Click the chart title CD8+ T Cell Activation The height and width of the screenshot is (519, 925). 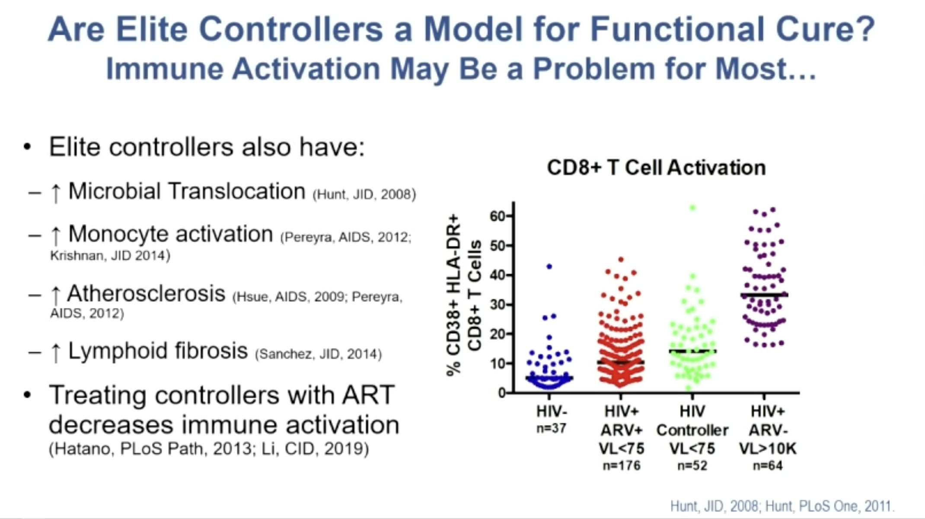pos(656,168)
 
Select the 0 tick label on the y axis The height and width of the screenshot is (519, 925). pos(501,393)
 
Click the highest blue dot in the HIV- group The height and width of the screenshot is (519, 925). pos(549,266)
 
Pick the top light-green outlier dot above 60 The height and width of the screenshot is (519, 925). pos(692,208)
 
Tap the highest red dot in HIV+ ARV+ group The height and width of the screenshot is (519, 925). pos(621,259)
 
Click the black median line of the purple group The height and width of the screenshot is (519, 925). pos(764,295)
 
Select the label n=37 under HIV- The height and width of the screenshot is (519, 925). pos(551,428)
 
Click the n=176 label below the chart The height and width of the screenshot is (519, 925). pos(622,466)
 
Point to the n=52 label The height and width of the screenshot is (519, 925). pos(692,466)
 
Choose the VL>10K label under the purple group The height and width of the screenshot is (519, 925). pos(768,449)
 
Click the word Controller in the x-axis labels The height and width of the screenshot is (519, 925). pos(692,430)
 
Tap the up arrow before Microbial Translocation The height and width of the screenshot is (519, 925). pos(55,192)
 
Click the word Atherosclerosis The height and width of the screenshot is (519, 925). pos(146,293)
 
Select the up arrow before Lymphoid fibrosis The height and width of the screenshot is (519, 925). pos(55,352)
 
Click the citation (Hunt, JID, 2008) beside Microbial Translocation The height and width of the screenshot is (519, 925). pos(364,194)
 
